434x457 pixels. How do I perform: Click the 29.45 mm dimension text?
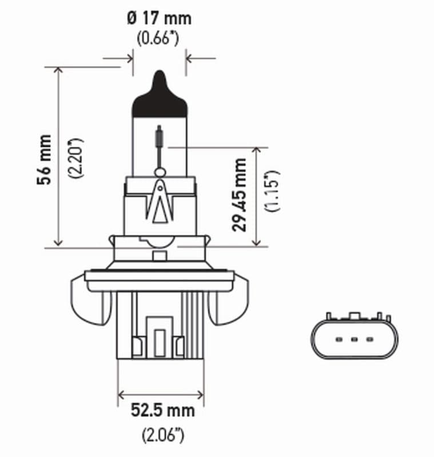coord(240,194)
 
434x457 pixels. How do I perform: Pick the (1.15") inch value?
coord(272,190)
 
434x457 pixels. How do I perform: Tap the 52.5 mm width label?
coord(162,410)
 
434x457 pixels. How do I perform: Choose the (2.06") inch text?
coord(162,435)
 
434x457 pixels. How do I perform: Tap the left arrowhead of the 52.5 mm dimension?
coord(121,394)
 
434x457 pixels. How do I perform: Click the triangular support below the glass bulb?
coord(160,203)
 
